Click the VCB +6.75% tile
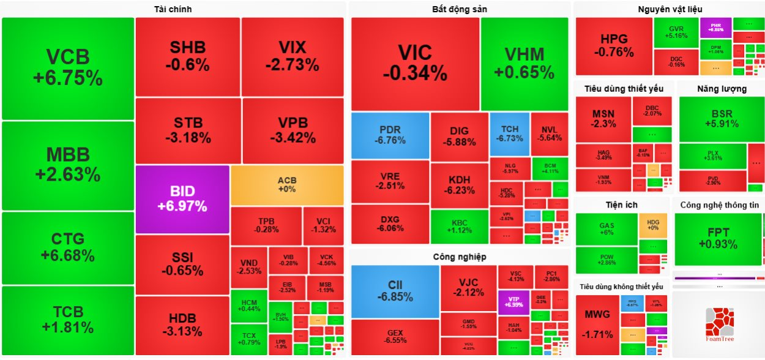click(67, 68)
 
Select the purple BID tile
click(182, 199)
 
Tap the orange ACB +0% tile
click(287, 185)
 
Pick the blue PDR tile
click(390, 135)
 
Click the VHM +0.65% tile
click(524, 63)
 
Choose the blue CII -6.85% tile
click(395, 291)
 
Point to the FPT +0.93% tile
click(718, 239)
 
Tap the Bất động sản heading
click(460, 9)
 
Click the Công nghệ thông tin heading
click(719, 205)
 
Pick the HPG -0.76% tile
click(614, 46)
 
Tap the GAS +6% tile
click(606, 229)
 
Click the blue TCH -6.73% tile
click(509, 133)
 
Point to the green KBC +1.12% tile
click(459, 227)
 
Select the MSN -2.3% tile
click(603, 119)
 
